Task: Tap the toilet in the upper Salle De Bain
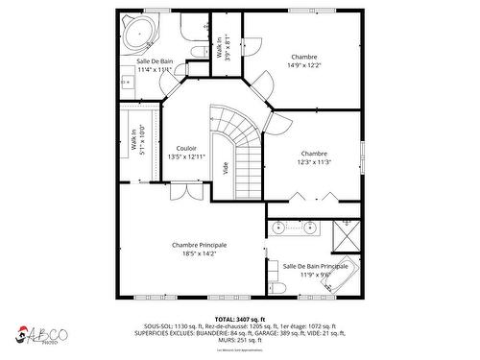coord(197,52)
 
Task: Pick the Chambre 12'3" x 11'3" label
coord(313,157)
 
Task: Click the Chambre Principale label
coord(200,249)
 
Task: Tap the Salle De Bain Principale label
coord(314,270)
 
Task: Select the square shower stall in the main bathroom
coord(345,232)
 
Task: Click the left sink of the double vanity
coord(279,228)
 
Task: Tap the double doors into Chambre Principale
coord(183,191)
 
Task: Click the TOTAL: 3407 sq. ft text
coord(239,319)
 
